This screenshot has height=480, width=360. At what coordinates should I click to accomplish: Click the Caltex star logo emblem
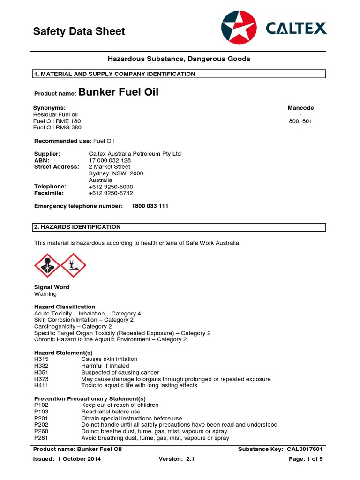[x=239, y=29]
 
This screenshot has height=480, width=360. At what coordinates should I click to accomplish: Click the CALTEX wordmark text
[x=296, y=29]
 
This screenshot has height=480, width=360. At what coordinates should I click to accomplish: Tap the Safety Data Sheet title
[x=79, y=31]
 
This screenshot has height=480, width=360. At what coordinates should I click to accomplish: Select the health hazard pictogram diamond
[x=47, y=265]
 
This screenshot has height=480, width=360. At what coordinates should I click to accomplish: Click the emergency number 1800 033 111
[x=150, y=206]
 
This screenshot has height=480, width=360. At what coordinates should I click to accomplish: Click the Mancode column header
[x=300, y=108]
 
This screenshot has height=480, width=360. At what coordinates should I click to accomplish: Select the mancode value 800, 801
[x=300, y=121]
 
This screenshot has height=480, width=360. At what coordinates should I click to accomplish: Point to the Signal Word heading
[x=52, y=287]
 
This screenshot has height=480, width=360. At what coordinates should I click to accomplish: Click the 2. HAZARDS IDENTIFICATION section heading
[x=77, y=227]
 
